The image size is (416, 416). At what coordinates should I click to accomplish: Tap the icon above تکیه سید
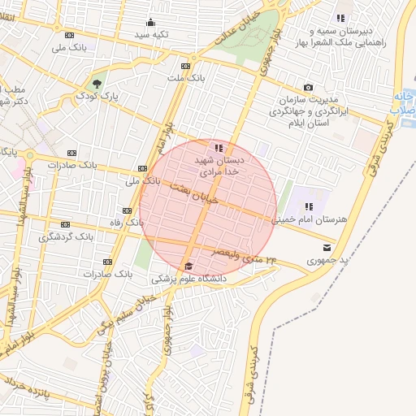150,23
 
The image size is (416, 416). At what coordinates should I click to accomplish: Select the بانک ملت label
186,79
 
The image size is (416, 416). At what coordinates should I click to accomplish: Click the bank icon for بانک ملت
186,66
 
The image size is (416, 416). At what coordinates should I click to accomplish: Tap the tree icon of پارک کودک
97,83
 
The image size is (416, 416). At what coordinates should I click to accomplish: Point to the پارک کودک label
98,96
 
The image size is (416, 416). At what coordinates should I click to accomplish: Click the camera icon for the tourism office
308,87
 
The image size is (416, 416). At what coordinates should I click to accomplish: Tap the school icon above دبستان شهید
218,148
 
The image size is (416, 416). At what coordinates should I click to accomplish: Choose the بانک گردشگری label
67,237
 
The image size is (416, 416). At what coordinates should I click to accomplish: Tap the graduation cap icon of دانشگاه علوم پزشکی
188,266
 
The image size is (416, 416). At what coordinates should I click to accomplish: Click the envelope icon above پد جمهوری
326,247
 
